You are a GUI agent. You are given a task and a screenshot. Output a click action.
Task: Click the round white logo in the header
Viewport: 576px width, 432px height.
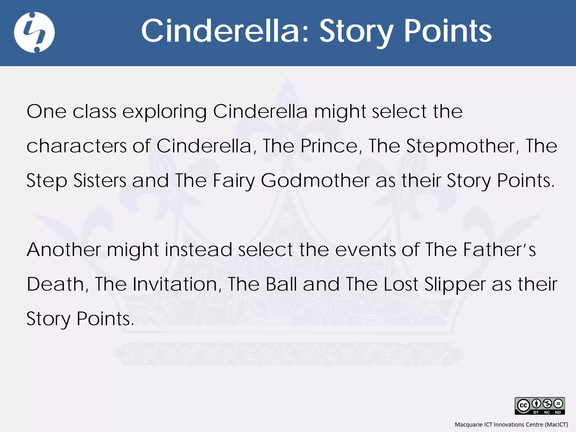point(34,32)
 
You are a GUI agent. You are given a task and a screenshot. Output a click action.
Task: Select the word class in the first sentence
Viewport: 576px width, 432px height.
point(94,111)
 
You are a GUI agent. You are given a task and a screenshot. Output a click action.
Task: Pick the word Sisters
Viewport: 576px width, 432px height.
point(100,181)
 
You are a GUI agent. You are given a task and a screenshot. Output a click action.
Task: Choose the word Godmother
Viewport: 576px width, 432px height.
point(315,181)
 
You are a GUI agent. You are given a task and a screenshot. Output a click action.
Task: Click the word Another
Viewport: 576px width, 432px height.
point(64,250)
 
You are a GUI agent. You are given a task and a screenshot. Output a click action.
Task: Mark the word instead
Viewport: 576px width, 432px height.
point(198,250)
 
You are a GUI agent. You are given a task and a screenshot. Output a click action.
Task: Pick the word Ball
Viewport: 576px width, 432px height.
point(281,284)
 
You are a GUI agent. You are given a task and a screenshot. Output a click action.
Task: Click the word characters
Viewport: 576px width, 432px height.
point(76,146)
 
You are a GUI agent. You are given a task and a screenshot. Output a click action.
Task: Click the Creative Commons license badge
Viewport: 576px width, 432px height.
point(539,406)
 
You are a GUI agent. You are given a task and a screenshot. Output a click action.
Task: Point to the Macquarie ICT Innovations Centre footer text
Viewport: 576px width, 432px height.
point(511,424)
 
